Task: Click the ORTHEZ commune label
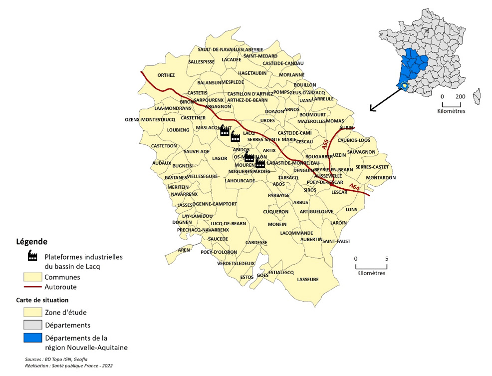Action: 166,75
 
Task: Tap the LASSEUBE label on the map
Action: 307,280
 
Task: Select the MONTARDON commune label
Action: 380,178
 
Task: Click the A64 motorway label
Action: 354,187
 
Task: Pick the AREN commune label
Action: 184,250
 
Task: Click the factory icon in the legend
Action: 32,256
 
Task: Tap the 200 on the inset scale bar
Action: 460,96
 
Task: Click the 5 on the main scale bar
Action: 387,259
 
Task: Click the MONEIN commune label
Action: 277,224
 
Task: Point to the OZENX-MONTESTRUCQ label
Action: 150,120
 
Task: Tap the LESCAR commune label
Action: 339,192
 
